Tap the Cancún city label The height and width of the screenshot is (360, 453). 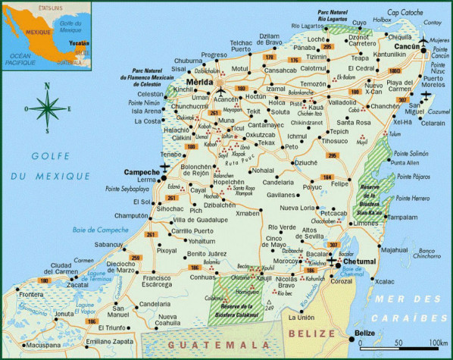point(411,46)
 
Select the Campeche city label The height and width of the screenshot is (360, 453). point(142,171)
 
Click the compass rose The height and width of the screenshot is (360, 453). point(48,108)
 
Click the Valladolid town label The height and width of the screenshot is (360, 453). point(342,102)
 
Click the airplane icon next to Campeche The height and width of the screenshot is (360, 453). point(164,167)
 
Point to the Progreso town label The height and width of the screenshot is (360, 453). point(214,55)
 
